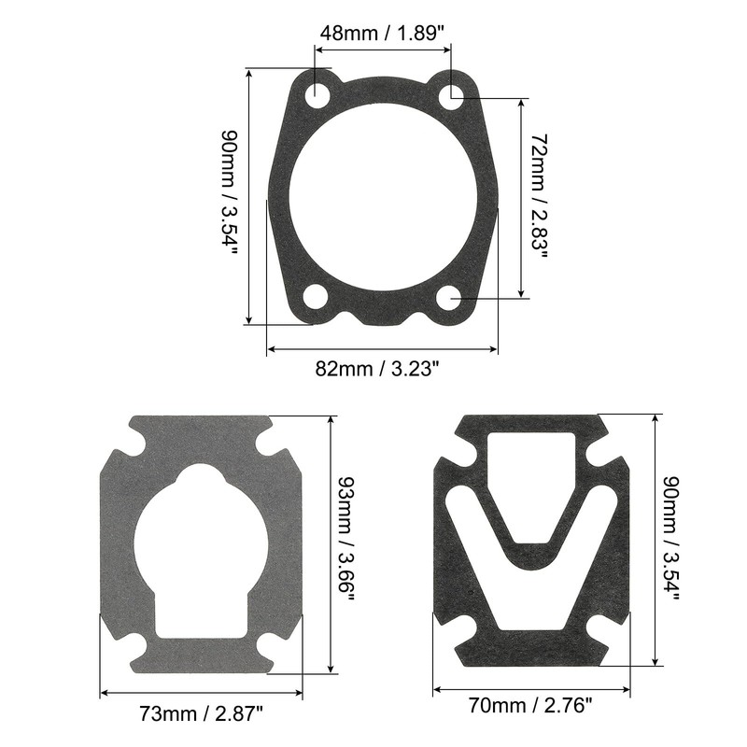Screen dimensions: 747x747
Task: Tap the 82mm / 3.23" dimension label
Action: coord(383,369)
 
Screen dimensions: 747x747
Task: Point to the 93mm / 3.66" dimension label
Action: coord(345,542)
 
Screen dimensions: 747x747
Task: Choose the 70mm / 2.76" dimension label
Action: coord(532,707)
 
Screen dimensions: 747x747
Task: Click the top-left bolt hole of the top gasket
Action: coord(317,94)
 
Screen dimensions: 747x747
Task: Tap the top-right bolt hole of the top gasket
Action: coord(451,94)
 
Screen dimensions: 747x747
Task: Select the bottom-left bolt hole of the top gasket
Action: coord(316,297)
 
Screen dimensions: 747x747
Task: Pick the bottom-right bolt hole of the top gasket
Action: coord(450,298)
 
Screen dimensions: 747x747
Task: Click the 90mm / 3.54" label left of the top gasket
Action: coord(228,197)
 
